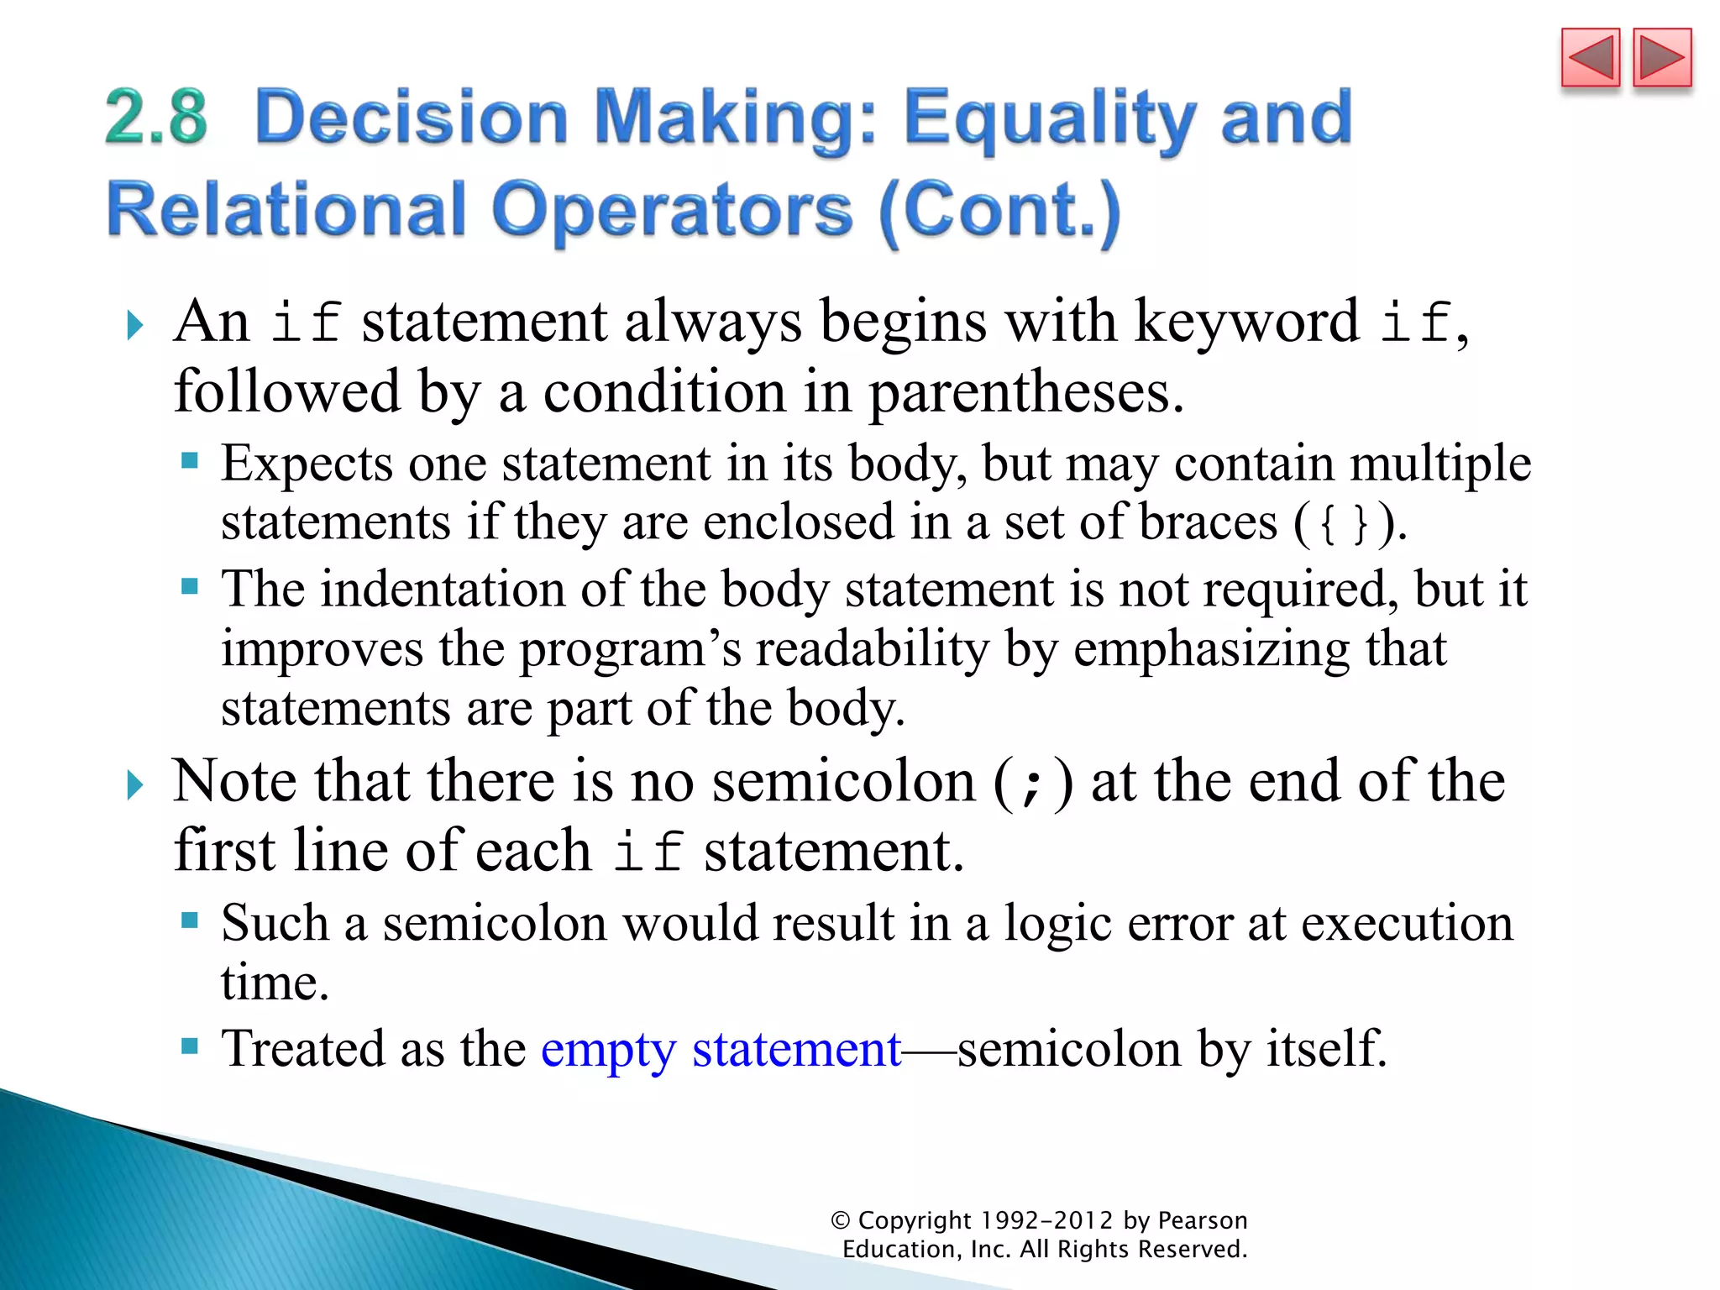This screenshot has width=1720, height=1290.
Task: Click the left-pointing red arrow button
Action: (x=1590, y=58)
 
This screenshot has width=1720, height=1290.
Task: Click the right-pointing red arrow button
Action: (x=1662, y=58)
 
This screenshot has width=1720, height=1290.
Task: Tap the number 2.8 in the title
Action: (x=156, y=117)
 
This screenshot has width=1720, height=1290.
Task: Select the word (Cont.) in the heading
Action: (x=999, y=212)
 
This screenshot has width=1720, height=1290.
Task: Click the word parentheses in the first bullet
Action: (x=1025, y=392)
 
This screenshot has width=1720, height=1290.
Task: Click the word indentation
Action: (x=443, y=589)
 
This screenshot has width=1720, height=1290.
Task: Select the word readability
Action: (x=873, y=649)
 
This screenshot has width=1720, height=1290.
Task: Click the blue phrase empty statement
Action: (x=721, y=1049)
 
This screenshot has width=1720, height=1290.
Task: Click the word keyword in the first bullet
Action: (x=1246, y=322)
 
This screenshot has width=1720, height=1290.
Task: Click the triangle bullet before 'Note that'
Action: (x=134, y=785)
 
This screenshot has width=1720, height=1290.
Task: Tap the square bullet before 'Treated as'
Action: (x=190, y=1046)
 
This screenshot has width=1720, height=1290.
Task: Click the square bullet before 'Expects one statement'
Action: (x=190, y=460)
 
